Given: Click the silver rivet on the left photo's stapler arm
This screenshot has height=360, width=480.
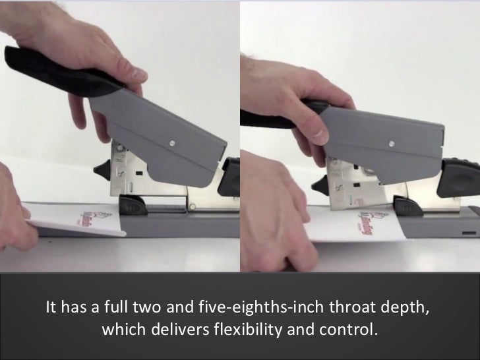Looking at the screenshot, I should [172, 141].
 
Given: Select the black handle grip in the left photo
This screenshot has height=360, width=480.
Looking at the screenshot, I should [40, 65].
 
